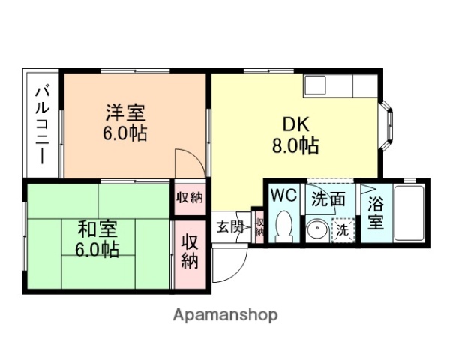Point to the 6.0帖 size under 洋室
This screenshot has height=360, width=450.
tap(125, 135)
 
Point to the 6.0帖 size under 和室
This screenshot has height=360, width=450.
tap(97, 249)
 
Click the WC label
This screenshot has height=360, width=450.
tap(284, 196)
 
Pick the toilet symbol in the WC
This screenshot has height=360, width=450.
tap(283, 226)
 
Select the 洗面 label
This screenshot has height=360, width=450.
tap(328, 199)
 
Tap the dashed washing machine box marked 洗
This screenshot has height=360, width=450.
tap(342, 230)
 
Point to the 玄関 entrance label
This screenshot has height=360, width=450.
tap(230, 227)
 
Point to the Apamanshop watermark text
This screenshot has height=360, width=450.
tap(225, 315)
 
